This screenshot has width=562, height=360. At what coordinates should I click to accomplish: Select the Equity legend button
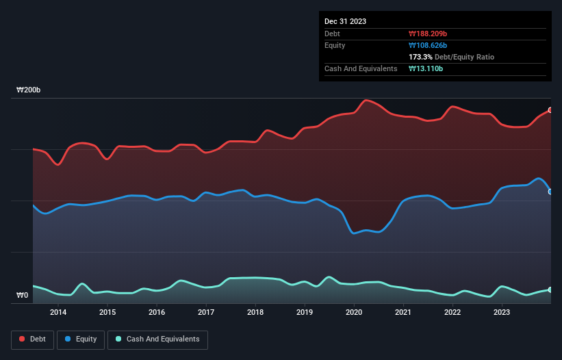81,339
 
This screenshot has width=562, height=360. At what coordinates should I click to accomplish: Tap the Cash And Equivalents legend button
157,339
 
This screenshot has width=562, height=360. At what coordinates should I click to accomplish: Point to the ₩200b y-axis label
29,90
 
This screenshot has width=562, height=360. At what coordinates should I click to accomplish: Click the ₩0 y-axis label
23,296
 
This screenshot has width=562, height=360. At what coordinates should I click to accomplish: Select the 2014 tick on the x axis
58,313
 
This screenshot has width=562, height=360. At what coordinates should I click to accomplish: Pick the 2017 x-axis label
206,313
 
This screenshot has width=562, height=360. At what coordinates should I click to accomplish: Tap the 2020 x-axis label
354,313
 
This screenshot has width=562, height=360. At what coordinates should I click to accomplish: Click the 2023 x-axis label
502,313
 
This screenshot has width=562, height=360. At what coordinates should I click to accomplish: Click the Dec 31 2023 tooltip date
346,21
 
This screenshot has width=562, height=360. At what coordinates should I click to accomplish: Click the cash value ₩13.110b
426,68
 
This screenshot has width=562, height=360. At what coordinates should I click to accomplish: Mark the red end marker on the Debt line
550,110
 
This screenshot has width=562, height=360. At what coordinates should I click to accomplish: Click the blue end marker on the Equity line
550,192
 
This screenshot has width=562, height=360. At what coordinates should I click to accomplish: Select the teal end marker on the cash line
550,290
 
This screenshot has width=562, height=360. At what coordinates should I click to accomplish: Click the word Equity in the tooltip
335,45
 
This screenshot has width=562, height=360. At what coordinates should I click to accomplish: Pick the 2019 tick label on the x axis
305,313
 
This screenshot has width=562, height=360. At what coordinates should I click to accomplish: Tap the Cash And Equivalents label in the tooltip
361,68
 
